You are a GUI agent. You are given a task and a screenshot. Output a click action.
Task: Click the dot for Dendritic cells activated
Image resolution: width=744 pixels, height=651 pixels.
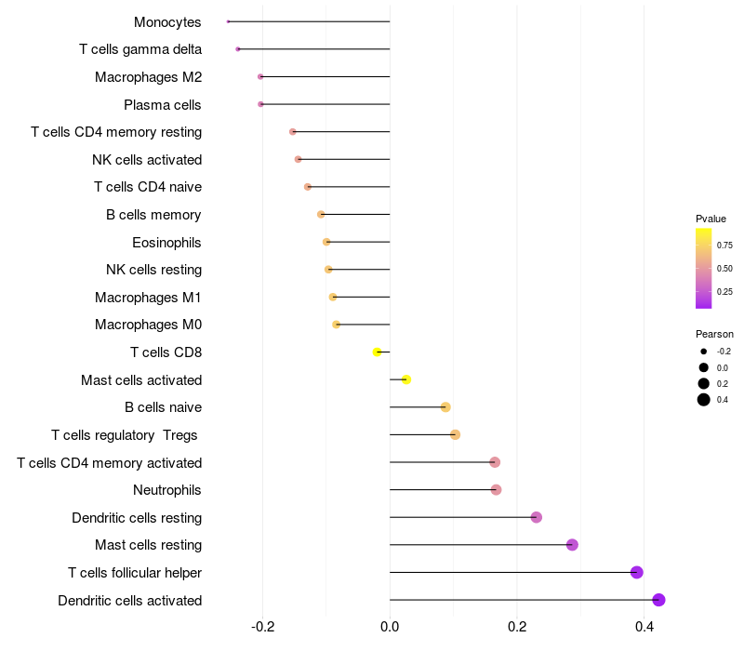point(658,600)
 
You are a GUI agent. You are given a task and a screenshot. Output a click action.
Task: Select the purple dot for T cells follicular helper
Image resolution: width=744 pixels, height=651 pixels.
point(637,572)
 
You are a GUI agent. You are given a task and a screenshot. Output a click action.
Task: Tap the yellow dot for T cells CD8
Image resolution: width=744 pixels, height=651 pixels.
point(377,352)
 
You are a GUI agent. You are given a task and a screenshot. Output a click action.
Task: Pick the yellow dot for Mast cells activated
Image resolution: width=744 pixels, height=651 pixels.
point(406,379)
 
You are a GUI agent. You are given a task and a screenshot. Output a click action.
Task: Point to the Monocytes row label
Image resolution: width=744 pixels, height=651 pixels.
point(167,22)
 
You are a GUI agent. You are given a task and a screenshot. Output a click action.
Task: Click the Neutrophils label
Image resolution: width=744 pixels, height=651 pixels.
point(167,490)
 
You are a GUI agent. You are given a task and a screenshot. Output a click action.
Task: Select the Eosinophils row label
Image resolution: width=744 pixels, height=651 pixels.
point(166,243)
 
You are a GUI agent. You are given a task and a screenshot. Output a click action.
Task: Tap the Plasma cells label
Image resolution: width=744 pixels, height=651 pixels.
point(163,105)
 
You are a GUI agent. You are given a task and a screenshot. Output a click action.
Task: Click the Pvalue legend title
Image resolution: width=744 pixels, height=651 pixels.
point(711,219)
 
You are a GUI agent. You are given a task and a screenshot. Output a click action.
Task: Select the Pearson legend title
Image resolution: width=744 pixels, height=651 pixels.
point(714,334)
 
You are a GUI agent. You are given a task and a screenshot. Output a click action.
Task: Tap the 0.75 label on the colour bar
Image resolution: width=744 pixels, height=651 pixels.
point(724,246)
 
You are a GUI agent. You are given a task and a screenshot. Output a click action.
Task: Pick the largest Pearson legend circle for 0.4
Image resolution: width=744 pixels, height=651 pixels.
point(704,400)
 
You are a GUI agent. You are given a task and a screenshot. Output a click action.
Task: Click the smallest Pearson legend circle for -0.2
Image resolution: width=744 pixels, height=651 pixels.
point(704,352)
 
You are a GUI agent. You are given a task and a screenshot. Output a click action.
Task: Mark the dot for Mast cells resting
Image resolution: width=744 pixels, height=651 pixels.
point(572,545)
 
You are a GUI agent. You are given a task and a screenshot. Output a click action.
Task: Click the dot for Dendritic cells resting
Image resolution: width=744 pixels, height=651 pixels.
point(537,517)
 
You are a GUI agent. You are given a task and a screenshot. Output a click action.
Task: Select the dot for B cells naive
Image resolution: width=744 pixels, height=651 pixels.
point(445,407)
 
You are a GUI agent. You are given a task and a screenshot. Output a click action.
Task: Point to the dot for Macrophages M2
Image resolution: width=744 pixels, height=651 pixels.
point(260,77)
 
